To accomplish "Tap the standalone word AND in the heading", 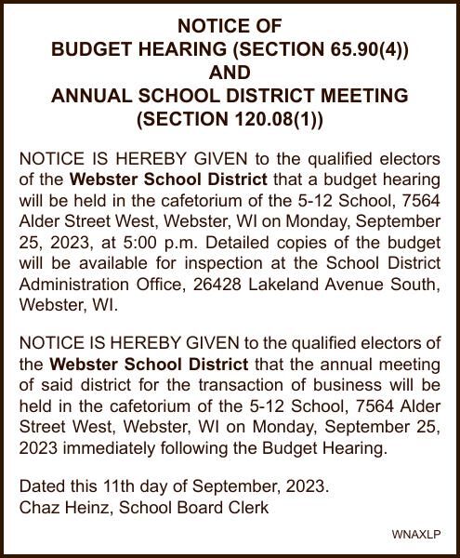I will (230, 72).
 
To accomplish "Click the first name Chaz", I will (38, 508).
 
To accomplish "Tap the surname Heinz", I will (85, 508).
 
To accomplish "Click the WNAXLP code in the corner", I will (415, 535).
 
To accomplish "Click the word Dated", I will (41, 486).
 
